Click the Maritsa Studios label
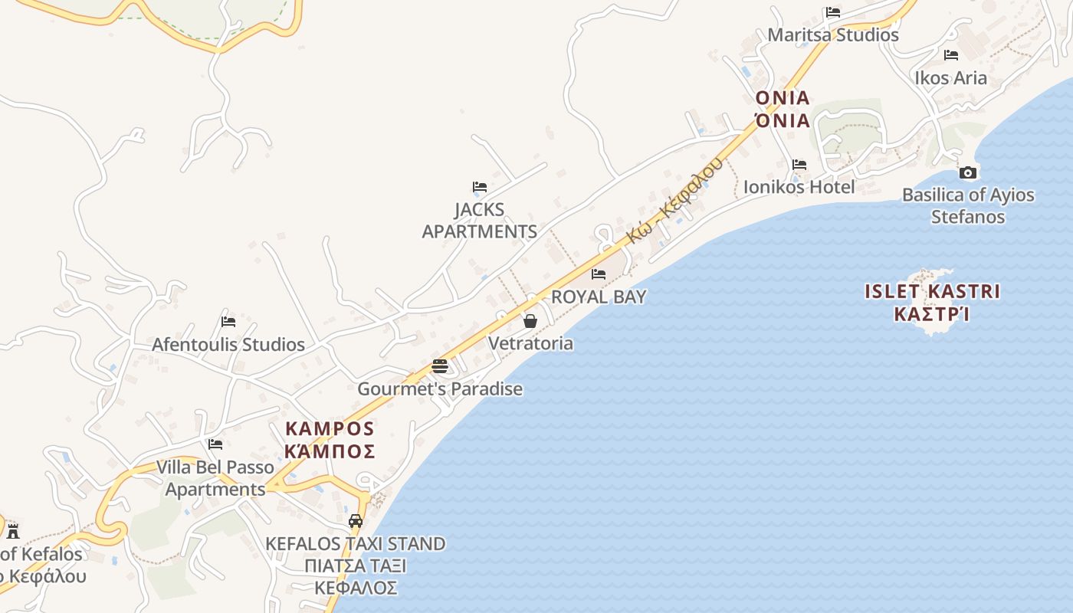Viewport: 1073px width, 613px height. (x=833, y=35)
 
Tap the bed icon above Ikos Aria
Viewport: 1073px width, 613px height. (x=951, y=55)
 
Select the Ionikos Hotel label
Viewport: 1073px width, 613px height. (x=799, y=187)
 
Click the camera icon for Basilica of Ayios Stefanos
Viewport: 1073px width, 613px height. (x=968, y=173)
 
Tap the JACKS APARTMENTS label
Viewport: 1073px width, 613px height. (x=480, y=221)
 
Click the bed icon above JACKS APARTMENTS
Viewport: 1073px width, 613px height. (x=480, y=187)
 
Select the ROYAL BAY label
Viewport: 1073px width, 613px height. (x=599, y=297)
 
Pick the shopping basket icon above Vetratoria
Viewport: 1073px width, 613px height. (x=530, y=321)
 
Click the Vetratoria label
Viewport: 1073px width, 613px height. (x=530, y=343)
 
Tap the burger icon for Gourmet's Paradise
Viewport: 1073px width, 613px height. (x=439, y=366)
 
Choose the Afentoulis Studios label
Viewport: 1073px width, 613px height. (x=228, y=345)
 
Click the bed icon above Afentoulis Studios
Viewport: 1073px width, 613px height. (x=228, y=322)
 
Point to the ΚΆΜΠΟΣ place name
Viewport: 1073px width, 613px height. (x=330, y=451)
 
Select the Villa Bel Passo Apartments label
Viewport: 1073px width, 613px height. (x=215, y=478)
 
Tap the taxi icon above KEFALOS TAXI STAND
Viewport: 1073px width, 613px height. (x=355, y=522)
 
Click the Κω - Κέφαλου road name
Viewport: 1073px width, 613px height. (x=674, y=201)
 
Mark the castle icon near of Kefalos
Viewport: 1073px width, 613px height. (x=12, y=530)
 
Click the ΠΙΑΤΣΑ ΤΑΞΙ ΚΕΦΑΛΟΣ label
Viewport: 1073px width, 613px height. (x=355, y=577)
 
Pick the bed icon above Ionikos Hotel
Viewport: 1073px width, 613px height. (x=799, y=165)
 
